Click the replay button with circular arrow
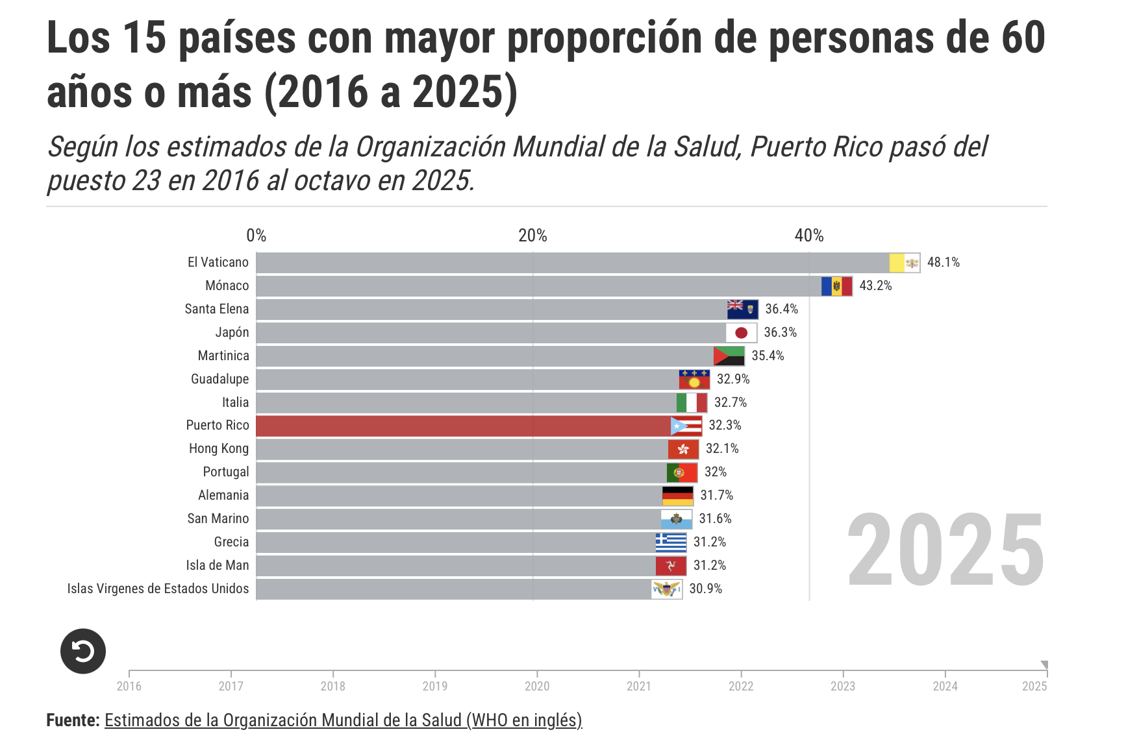pos(83,651)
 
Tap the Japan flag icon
pos(741,333)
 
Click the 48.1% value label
pos(943,262)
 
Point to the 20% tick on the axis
pos(532,236)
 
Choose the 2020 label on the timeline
pos(537,686)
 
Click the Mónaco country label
pos(227,286)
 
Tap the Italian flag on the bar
pos(692,402)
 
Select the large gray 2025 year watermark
pos(945,550)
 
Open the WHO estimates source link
pos(343,720)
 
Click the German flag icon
pos(677,496)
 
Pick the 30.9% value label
pos(705,589)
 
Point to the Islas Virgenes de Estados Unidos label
pos(158,589)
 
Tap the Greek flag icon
pos(671,542)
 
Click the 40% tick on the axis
pos(809,236)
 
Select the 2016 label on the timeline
pos(129,686)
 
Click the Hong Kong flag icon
pos(683,449)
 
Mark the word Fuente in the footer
pos(73,720)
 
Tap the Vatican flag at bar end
pos(905,263)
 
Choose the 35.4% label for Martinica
pos(768,356)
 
